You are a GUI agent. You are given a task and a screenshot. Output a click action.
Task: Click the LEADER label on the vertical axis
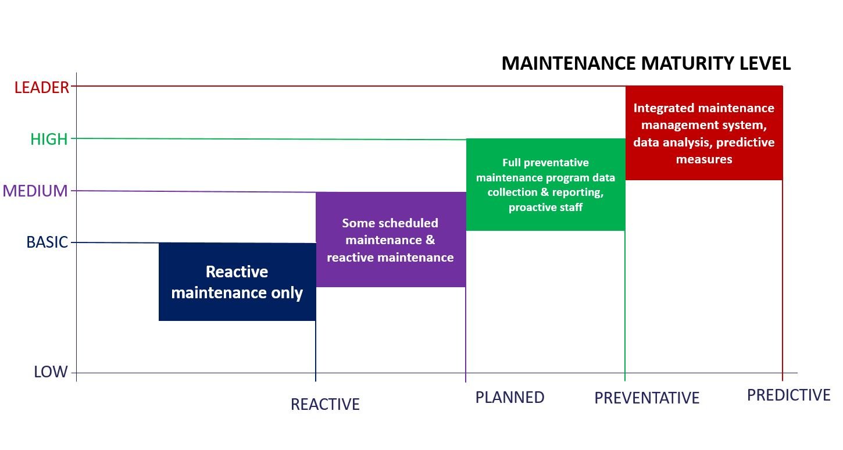[42, 87]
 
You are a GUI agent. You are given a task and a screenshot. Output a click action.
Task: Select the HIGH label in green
[49, 139]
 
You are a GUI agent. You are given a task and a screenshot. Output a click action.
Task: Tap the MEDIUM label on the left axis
[35, 191]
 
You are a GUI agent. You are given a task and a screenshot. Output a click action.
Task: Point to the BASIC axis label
[48, 242]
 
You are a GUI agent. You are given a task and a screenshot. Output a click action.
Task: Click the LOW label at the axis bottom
[51, 372]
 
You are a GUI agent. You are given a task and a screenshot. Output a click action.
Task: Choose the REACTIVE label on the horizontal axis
[325, 404]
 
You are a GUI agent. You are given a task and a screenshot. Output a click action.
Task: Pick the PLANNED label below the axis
[510, 397]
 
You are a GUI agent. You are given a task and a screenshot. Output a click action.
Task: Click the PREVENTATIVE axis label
[646, 398]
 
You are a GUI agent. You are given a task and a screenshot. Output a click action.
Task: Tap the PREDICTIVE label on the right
[788, 395]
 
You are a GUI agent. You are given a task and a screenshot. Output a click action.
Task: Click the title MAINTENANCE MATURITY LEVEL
[646, 63]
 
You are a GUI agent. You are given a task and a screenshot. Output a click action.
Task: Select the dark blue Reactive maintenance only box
[237, 282]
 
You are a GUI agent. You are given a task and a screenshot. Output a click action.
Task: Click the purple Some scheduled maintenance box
[390, 240]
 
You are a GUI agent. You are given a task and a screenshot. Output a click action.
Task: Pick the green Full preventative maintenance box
[545, 185]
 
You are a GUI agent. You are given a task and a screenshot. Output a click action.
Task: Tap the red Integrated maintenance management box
[703, 133]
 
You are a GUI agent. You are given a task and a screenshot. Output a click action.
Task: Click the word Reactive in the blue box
[237, 272]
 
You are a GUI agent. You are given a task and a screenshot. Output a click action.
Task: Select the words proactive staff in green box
[545, 208]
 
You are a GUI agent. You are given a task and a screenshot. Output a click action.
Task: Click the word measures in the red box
[703, 159]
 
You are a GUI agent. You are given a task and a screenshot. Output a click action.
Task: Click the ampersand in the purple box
[430, 240]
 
